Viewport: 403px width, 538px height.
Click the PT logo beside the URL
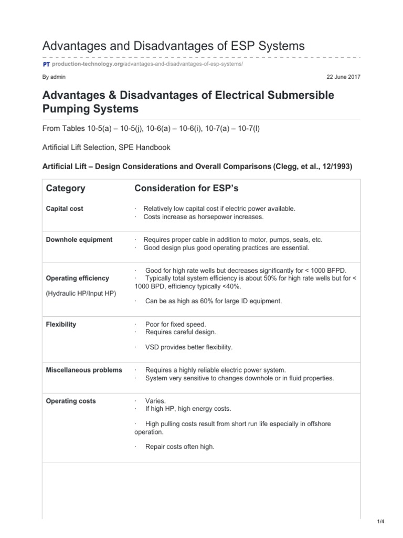coord(46,64)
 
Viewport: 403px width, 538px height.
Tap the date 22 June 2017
coord(344,77)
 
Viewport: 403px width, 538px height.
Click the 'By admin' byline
coord(54,77)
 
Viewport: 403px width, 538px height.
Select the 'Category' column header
coord(66,188)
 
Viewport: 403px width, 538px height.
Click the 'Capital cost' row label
coord(65,209)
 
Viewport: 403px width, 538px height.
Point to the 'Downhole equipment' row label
coord(79,240)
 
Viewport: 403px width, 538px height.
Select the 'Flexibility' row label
coord(61,324)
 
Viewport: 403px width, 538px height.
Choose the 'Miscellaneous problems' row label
coord(84,370)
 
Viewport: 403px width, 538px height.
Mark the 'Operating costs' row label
coord(71,401)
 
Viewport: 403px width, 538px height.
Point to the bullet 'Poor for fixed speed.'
coord(175,324)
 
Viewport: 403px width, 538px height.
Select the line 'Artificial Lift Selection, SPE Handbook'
coord(105,148)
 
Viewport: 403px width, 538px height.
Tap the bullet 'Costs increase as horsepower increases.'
coord(200,216)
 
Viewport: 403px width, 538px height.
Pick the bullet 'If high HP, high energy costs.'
coord(187,408)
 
